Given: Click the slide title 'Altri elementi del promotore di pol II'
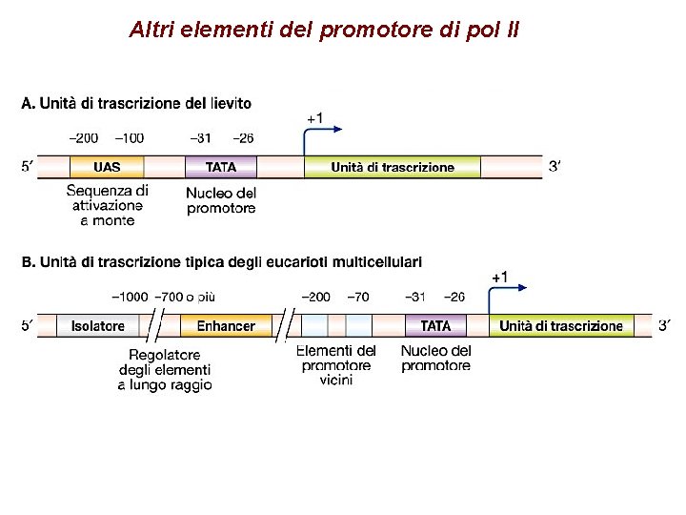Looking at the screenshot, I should click(x=324, y=30).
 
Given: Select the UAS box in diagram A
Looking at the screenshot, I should click(x=107, y=167).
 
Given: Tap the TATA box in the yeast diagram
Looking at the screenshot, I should click(x=221, y=167).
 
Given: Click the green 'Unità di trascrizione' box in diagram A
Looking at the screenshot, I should click(x=393, y=167).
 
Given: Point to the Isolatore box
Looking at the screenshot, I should click(x=97, y=326).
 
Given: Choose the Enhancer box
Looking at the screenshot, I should click(x=226, y=326).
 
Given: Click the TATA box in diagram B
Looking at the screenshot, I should click(x=435, y=326).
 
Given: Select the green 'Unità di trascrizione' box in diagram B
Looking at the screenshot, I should click(x=561, y=326).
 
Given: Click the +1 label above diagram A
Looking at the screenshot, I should click(x=314, y=118).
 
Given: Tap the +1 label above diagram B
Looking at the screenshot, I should click(x=499, y=277).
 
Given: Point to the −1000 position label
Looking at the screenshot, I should click(x=130, y=297).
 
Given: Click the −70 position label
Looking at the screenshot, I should click(x=358, y=297).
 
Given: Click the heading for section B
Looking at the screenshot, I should click(x=221, y=261).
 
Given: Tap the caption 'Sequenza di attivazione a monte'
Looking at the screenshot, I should click(x=108, y=205).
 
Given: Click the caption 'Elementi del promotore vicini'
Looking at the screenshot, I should click(x=336, y=365).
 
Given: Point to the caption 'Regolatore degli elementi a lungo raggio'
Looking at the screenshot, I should click(x=165, y=370).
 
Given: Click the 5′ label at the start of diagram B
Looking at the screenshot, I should click(x=29, y=326).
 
